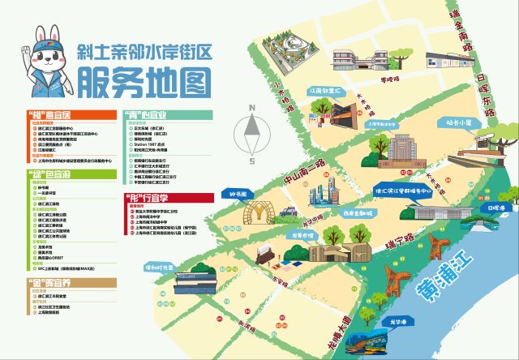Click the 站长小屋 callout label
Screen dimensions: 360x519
[458, 123]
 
